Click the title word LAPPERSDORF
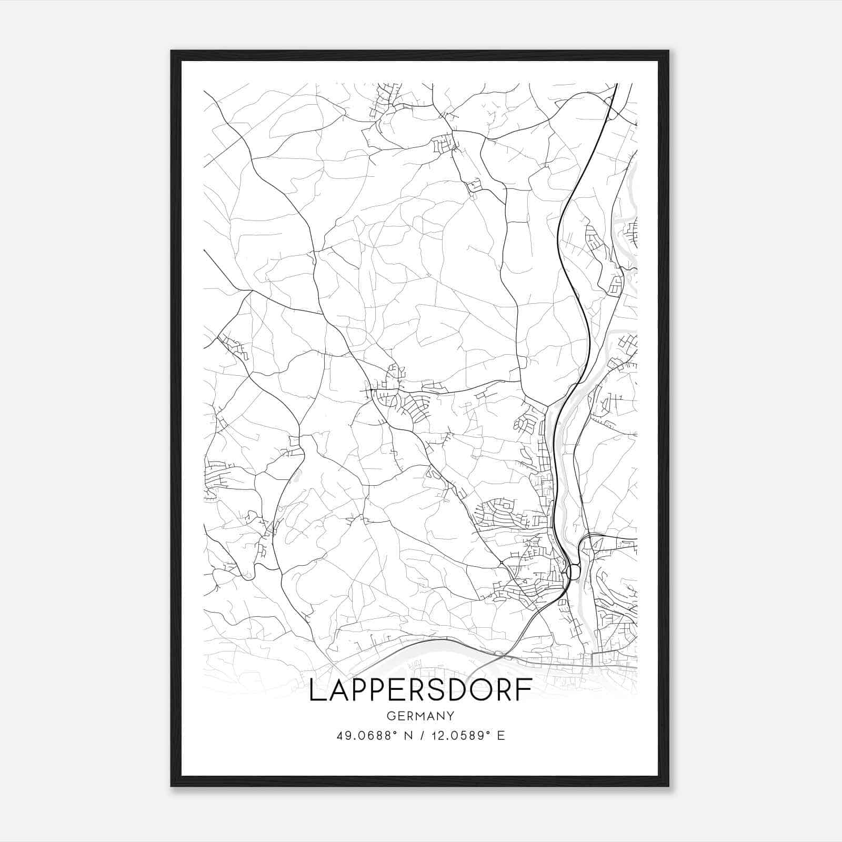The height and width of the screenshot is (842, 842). coord(420,690)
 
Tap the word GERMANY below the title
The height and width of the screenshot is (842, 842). coord(420,716)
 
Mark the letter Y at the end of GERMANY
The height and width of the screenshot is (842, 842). coord(450,716)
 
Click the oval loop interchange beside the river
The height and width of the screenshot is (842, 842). coord(574,571)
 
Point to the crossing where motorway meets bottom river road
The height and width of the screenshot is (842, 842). coord(503,655)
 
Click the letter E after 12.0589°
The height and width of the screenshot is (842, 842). coord(502,736)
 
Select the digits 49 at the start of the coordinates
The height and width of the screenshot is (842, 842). coord(343,736)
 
